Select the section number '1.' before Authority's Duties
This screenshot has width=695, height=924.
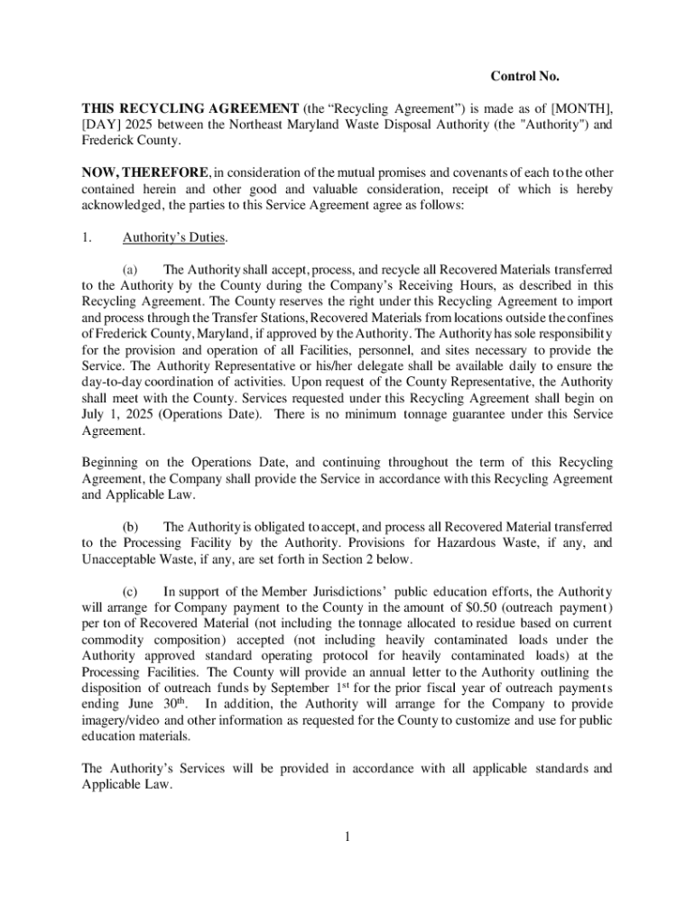(x=87, y=238)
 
